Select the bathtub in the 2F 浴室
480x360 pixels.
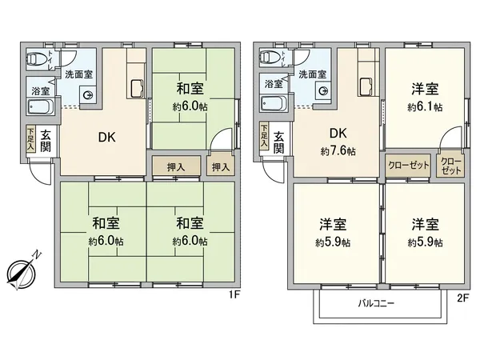[x=274, y=104]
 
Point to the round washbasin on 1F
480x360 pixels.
[x=88, y=95]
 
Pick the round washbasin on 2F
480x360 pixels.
[x=323, y=91]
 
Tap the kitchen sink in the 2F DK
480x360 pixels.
[x=366, y=87]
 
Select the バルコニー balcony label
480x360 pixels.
[x=376, y=303]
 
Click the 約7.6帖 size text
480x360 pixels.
[x=338, y=151]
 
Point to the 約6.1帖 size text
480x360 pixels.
[x=425, y=107]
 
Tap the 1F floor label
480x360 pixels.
[x=234, y=295]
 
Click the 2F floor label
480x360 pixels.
[x=463, y=298]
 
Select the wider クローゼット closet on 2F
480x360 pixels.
[x=408, y=166]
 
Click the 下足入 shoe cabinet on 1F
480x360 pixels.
[x=30, y=139]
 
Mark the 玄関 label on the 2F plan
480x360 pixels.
[x=279, y=142]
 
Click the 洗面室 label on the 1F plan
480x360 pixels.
[x=78, y=74]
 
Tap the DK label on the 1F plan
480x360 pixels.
[x=107, y=138]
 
